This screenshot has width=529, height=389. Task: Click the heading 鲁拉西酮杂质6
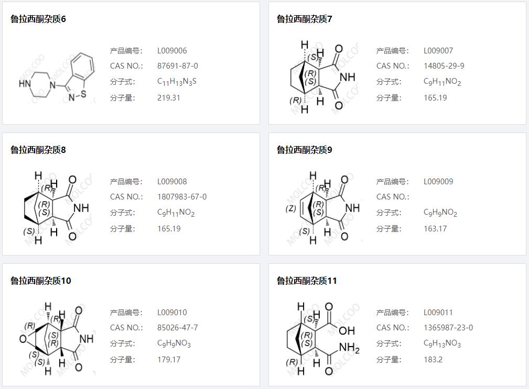(x=38, y=19)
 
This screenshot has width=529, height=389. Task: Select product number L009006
(x=172, y=51)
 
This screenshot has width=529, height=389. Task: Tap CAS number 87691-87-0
(x=177, y=66)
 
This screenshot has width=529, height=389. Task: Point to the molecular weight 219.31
(x=168, y=97)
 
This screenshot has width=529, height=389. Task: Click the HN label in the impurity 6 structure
(x=25, y=83)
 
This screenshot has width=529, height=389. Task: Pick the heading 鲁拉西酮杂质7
(x=305, y=19)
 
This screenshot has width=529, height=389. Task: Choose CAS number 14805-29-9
(x=444, y=66)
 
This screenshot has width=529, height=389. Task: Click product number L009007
(x=438, y=51)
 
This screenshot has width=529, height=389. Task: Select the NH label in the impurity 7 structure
(x=348, y=77)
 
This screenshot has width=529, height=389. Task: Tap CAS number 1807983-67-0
(x=181, y=197)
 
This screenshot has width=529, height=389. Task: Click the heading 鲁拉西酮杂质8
(x=38, y=150)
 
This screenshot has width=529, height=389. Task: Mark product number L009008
(x=172, y=182)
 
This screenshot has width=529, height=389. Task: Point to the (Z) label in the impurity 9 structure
(x=291, y=208)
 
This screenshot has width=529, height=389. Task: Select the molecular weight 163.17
(x=435, y=228)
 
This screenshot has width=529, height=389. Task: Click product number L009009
(x=438, y=182)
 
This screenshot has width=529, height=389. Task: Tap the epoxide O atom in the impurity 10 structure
(x=23, y=339)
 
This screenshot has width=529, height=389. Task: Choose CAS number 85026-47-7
(x=177, y=328)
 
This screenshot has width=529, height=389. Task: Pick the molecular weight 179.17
(x=168, y=359)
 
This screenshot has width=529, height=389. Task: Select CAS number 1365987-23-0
(x=448, y=328)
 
